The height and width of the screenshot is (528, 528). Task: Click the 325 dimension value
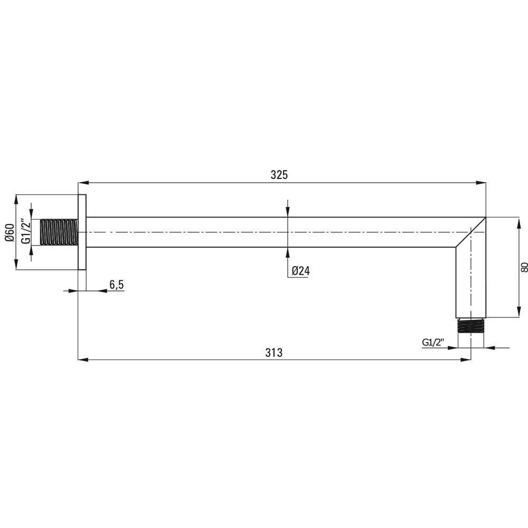click(x=279, y=175)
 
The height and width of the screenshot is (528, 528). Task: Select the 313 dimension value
click(x=274, y=353)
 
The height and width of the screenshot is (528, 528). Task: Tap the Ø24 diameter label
click(x=301, y=271)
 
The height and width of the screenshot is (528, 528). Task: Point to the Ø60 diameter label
click(x=10, y=233)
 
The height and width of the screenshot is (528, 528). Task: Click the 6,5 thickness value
click(x=117, y=285)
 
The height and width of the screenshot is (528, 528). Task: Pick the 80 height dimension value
click(x=524, y=268)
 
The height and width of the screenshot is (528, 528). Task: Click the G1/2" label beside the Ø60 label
click(x=26, y=232)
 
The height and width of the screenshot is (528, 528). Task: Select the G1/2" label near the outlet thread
click(x=433, y=343)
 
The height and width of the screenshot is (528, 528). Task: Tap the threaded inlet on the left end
click(x=59, y=232)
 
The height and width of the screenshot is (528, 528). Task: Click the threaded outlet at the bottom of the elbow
click(x=471, y=326)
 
